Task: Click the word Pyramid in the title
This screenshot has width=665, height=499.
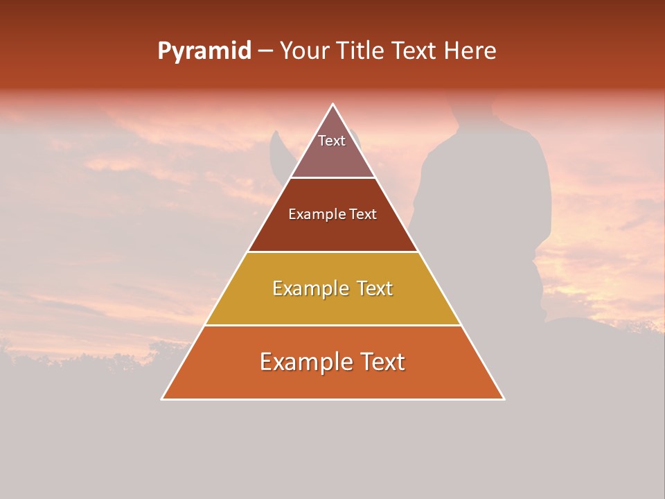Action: click(x=204, y=51)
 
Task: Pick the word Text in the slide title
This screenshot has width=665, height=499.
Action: click(x=416, y=51)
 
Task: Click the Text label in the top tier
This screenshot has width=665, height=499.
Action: click(x=332, y=141)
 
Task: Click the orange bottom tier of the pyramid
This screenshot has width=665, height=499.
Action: click(x=332, y=381)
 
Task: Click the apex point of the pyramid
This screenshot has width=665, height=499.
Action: click(x=332, y=105)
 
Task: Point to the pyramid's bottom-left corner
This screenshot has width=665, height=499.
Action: click(x=162, y=399)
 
